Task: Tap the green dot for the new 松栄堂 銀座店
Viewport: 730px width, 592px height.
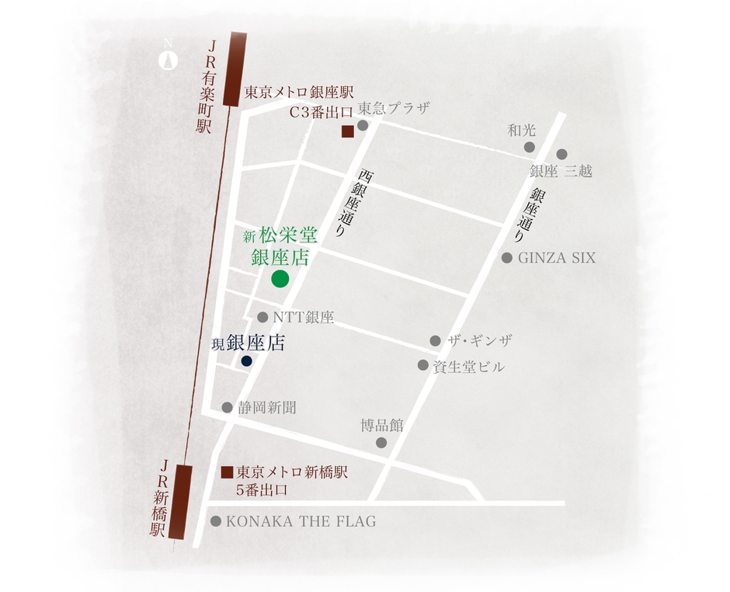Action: coord(280,280)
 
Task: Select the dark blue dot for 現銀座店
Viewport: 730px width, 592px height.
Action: coord(246,361)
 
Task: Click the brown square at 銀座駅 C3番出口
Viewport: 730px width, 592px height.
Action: coord(348,131)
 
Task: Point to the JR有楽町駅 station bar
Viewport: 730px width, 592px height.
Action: coord(231,68)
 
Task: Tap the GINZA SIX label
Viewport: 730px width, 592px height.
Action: coord(557,258)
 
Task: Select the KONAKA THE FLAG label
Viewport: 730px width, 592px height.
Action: coord(301,522)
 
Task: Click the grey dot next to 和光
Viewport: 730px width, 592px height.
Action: coord(530,147)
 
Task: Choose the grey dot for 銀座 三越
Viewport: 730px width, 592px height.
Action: coord(561,155)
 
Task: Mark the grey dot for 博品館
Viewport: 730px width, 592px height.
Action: coord(381,443)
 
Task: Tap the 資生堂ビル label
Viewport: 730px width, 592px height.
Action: coord(468,366)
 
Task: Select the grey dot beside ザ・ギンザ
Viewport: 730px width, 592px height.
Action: coord(435,341)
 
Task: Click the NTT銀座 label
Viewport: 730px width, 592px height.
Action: coord(303,318)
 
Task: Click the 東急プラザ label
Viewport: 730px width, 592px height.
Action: coord(393,108)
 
